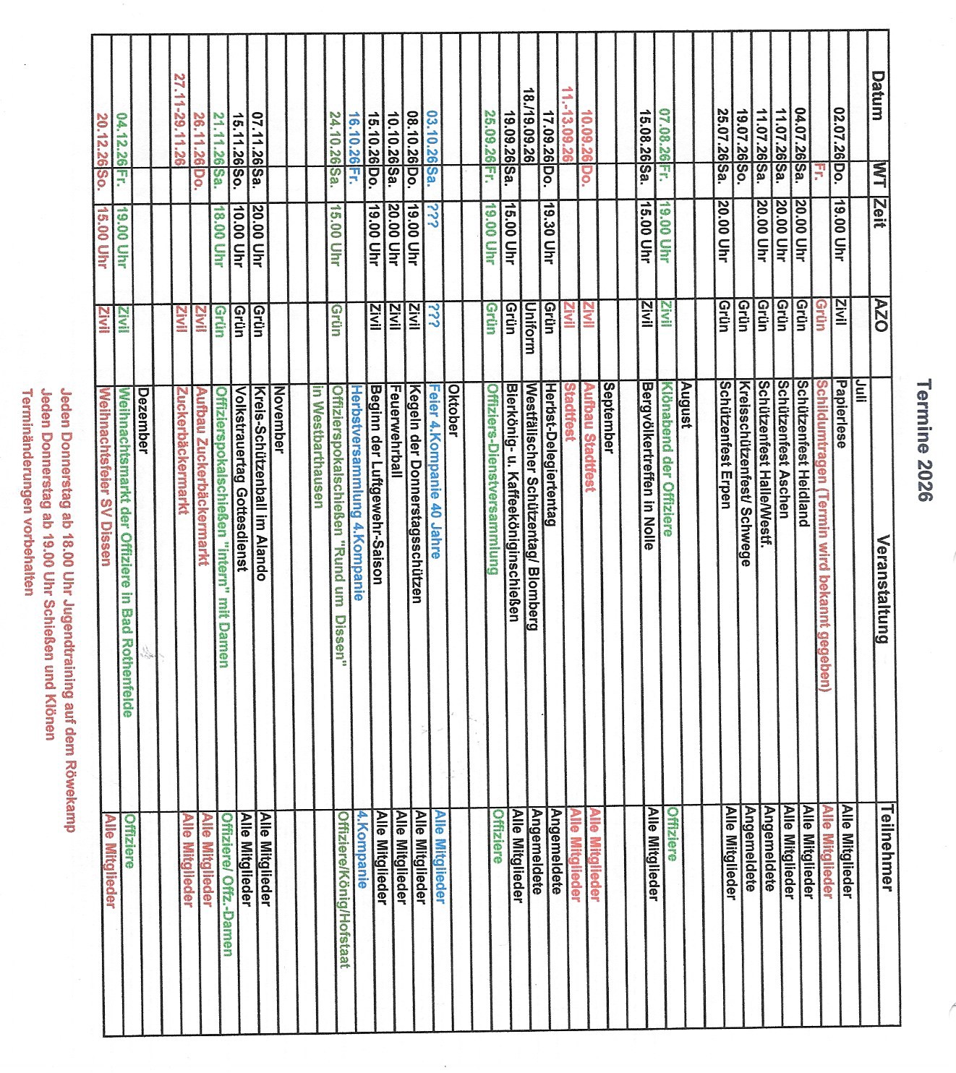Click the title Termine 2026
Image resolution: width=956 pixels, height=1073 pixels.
(x=924, y=440)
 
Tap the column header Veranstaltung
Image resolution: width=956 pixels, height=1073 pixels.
(x=881, y=589)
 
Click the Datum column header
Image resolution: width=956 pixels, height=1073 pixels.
(x=876, y=95)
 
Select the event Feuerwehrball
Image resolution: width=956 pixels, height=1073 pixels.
(x=395, y=431)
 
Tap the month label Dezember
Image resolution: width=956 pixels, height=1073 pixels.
(x=142, y=422)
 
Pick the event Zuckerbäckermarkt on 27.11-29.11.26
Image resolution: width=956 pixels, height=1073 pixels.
(x=181, y=451)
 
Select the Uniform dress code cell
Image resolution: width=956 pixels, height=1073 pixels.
(x=530, y=327)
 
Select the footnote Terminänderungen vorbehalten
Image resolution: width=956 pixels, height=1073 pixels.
(x=27, y=492)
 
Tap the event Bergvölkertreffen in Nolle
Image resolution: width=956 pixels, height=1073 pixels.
(x=648, y=466)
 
